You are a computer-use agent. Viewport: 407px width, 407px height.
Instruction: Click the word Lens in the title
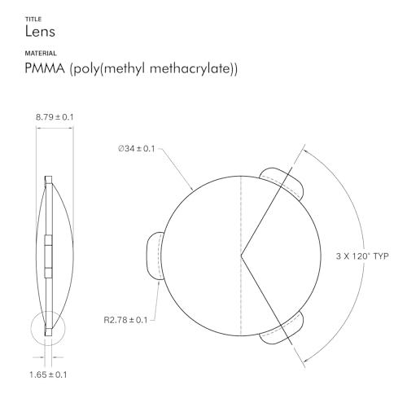pos(41,32)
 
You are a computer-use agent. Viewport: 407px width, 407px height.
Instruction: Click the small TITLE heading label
pos(33,17)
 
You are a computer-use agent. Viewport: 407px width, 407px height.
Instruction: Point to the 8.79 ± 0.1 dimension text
pos(55,117)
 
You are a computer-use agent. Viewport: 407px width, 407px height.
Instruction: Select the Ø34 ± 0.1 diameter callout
pos(136,149)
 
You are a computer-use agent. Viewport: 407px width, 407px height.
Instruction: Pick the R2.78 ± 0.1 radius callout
pos(125,319)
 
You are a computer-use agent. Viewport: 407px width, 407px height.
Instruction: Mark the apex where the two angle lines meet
pos(241,256)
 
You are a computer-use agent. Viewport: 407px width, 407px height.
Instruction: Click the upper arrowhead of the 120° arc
pos(305,148)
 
